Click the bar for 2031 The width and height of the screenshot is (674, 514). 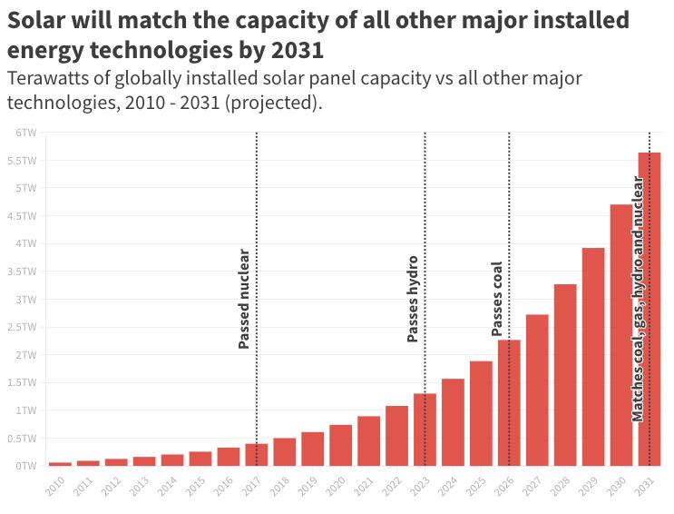tap(649, 309)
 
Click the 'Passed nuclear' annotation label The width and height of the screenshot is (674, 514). tap(244, 299)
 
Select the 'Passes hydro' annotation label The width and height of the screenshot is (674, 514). tap(413, 299)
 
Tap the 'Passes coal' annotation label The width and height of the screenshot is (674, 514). tap(497, 300)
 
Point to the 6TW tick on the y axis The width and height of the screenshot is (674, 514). tap(25, 133)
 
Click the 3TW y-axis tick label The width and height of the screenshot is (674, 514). tap(25, 299)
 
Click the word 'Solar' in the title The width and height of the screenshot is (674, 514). tap(35, 20)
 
